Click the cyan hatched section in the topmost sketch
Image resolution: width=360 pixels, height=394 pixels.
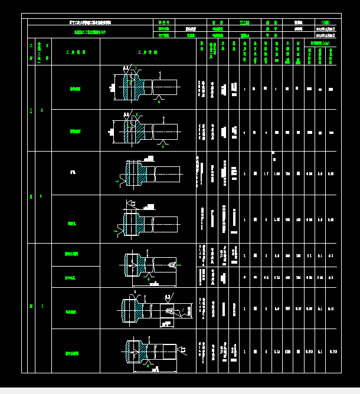[140, 88]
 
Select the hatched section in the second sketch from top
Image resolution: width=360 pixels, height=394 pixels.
[139, 130]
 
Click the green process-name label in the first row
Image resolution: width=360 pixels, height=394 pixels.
[76, 89]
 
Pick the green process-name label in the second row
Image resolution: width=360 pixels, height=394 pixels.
[76, 131]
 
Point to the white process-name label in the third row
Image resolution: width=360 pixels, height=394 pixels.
[73, 173]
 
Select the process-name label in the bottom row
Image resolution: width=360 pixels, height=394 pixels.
[71, 353]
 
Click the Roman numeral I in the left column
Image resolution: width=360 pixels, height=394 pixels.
[31, 110]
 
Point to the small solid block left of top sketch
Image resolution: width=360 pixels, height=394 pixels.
[112, 88]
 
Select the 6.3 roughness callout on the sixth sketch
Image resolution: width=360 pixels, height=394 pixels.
[168, 297]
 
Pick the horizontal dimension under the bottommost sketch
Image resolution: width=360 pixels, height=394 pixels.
[155, 372]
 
